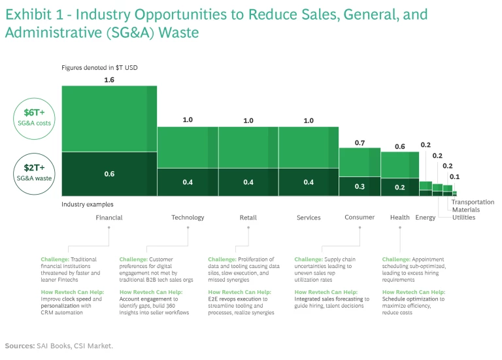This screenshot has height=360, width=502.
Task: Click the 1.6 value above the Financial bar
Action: [x=109, y=80]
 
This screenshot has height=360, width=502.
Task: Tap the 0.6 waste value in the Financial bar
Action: [x=109, y=174]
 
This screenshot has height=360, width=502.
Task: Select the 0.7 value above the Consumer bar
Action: [x=360, y=142]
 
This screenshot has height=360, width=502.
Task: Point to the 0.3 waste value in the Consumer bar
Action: [x=360, y=186]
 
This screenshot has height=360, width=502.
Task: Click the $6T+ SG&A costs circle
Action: [x=33, y=117]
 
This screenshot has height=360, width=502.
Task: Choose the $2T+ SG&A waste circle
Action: [x=33, y=172]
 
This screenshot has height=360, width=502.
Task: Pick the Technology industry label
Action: [x=188, y=218]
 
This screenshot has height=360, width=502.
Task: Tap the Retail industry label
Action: [x=248, y=218]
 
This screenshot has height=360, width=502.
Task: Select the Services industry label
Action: [x=309, y=218]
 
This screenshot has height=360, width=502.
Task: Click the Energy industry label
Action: [x=425, y=218]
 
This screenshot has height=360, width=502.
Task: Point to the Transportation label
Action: [x=473, y=203]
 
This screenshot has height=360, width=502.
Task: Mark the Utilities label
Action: [x=464, y=218]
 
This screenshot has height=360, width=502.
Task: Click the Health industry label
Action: [x=400, y=218]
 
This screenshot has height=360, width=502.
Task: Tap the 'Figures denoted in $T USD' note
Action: [x=99, y=67]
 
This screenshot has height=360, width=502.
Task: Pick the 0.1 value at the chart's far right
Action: [x=454, y=176]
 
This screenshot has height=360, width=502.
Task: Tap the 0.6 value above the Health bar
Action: [x=400, y=146]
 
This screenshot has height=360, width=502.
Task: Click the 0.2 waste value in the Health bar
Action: [x=400, y=186]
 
